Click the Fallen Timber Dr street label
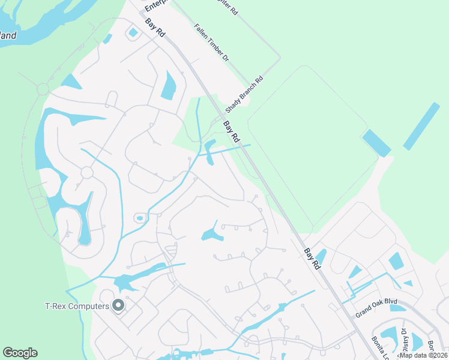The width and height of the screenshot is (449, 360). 212,42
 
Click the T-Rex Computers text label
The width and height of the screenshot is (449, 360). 77,306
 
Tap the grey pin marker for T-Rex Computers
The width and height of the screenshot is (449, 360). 118,305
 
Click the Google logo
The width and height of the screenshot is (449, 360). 20,353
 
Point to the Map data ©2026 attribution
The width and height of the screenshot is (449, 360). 423,355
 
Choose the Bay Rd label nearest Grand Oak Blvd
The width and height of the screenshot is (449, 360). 312,259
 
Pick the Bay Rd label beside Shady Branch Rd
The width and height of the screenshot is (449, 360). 232,132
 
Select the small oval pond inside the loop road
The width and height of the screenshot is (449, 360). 140,218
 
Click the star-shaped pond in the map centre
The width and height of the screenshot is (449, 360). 212,232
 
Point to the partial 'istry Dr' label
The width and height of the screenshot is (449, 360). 404,338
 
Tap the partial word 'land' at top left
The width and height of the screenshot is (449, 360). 8,35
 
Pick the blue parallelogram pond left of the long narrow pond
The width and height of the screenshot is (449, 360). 376,143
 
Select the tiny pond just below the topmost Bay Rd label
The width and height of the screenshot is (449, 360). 133,32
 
